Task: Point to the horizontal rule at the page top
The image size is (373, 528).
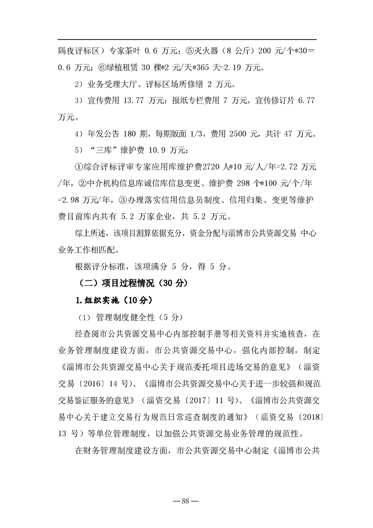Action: pyautogui.click(x=187, y=40)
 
